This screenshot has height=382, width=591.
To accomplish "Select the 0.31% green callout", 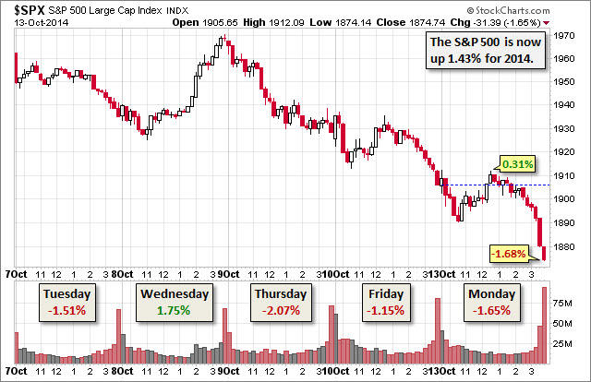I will click(x=518, y=164).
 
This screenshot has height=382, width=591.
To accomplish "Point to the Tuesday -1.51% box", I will click(x=65, y=302).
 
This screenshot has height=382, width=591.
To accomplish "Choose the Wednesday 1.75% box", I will click(x=175, y=302).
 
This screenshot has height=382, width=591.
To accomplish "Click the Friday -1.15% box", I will click(x=386, y=302).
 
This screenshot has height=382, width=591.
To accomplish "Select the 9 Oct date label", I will click(x=229, y=274).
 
